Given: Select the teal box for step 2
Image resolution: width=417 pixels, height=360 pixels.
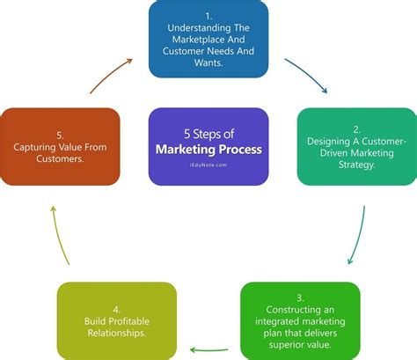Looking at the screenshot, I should (355, 146).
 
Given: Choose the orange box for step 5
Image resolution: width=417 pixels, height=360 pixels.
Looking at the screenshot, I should (61, 146).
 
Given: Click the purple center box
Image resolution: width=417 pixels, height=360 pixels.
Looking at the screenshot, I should (208, 146).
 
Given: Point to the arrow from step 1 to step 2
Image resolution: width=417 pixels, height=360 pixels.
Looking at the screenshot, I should (311, 76).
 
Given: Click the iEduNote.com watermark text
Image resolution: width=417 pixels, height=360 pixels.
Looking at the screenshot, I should (208, 164).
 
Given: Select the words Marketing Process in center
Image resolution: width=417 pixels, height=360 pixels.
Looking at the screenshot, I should (208, 150).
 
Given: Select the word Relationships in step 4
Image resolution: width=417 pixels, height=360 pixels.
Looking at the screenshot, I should (117, 332).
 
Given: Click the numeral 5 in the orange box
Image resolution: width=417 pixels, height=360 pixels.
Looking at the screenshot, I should (59, 134).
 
